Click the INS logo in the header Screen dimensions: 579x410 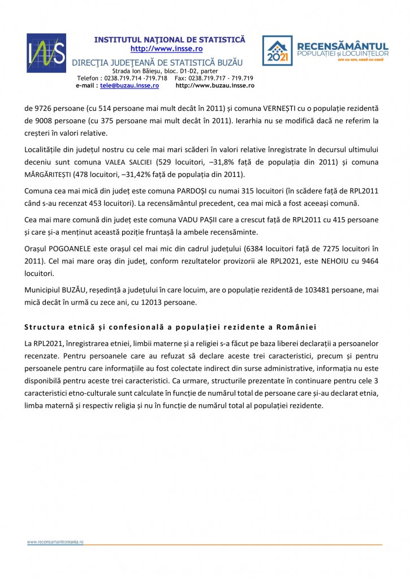pyautogui.click(x=46, y=53)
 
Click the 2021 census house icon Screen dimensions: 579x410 pyautogui.click(x=277, y=51)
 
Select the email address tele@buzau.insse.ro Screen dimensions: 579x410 pyautogui.click(x=130, y=85)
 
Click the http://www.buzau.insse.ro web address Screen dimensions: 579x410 pyautogui.click(x=215, y=85)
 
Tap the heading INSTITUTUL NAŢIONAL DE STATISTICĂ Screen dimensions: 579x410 pyautogui.click(x=170, y=40)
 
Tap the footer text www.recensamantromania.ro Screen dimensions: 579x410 pyautogui.click(x=55, y=542)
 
